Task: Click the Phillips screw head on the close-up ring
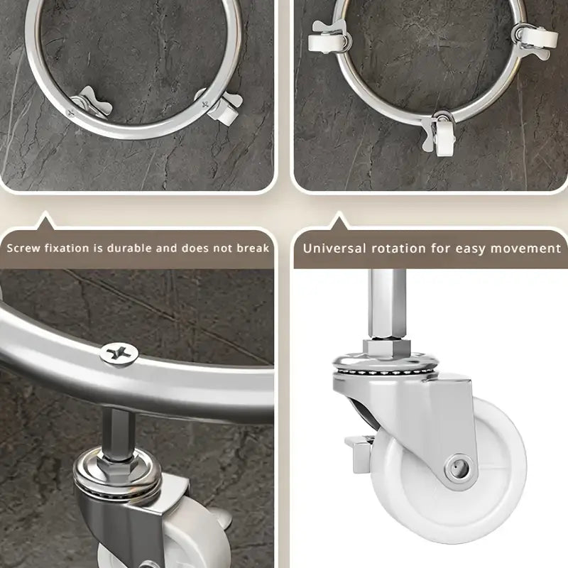(119, 354)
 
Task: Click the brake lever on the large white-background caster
(359, 453)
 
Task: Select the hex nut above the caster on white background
(386, 348)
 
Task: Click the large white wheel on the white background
(449, 471)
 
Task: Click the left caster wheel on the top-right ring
(325, 43)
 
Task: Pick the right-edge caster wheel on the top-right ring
(539, 38)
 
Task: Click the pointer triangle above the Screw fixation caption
(45, 221)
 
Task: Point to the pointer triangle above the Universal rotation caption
(339, 221)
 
